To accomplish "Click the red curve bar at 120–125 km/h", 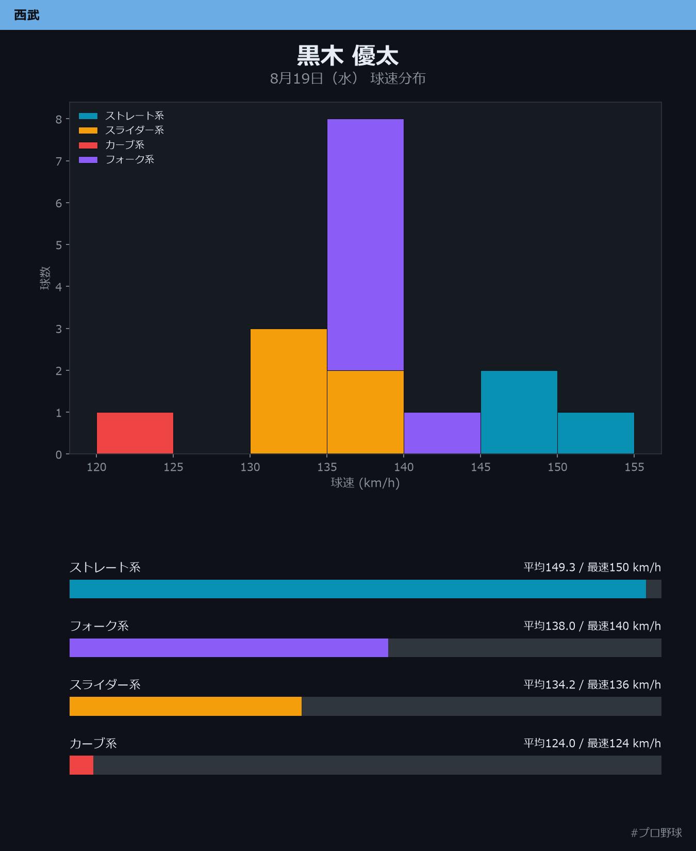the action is pyautogui.click(x=135, y=433).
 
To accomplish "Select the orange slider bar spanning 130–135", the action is pyautogui.click(x=289, y=391).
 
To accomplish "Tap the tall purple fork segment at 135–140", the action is pyautogui.click(x=366, y=245).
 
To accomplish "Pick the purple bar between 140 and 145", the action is pyautogui.click(x=442, y=433).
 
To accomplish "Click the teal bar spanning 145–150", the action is pyautogui.click(x=519, y=413).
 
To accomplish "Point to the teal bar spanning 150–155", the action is pyautogui.click(x=596, y=433).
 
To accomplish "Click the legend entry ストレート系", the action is pyautogui.click(x=122, y=116).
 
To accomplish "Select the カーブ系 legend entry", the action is pyautogui.click(x=112, y=145).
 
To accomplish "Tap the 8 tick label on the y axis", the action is pyautogui.click(x=59, y=119).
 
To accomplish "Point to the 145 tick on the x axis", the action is pyautogui.click(x=480, y=467).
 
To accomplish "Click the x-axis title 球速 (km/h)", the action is pyautogui.click(x=365, y=483).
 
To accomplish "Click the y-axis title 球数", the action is pyautogui.click(x=45, y=278).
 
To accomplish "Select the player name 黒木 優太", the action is pyautogui.click(x=348, y=56).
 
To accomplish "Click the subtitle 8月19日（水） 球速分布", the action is pyautogui.click(x=348, y=78).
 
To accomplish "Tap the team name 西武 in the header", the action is pyautogui.click(x=27, y=15).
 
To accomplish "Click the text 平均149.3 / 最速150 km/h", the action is pyautogui.click(x=592, y=567).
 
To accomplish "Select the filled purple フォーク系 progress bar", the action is pyautogui.click(x=229, y=648).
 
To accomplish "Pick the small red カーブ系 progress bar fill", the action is pyautogui.click(x=81, y=765).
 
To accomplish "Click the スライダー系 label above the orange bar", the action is pyautogui.click(x=105, y=684).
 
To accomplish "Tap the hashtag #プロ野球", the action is pyautogui.click(x=656, y=832).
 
